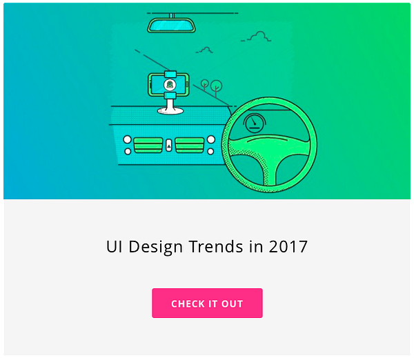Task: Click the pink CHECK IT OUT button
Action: tap(207, 303)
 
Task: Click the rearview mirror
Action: tap(171, 26)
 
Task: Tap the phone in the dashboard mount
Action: tap(169, 84)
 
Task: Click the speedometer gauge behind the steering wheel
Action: tap(255, 123)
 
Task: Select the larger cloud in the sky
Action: tap(257, 37)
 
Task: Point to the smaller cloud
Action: tap(205, 50)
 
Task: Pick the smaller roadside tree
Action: tap(205, 85)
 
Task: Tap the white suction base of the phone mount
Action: tap(170, 110)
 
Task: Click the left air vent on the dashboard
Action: tap(148, 145)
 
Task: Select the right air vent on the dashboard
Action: tap(190, 145)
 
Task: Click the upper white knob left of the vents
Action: tap(127, 139)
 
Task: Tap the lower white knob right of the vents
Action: tap(210, 152)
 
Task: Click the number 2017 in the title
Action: tap(288, 247)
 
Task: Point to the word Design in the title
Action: tap(155, 248)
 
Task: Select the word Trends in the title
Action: tap(216, 246)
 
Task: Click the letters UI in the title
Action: tap(115, 247)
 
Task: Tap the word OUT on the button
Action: tap(232, 303)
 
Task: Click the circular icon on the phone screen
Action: tap(170, 84)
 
